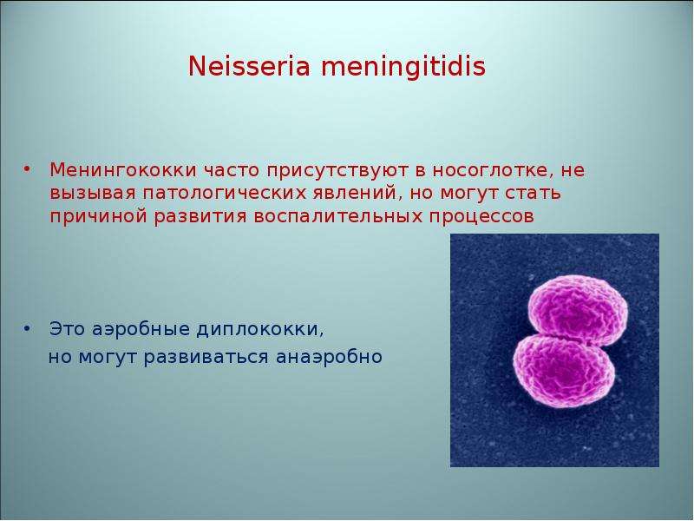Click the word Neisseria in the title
click(249, 67)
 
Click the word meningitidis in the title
click(403, 68)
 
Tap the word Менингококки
click(123, 169)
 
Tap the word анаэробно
click(329, 357)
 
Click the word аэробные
click(141, 330)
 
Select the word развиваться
click(206, 357)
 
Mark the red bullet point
click(28, 169)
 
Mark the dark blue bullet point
click(28, 329)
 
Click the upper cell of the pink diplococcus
click(578, 308)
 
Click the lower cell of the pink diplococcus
click(564, 370)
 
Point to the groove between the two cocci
click(571, 339)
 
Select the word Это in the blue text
click(67, 330)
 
